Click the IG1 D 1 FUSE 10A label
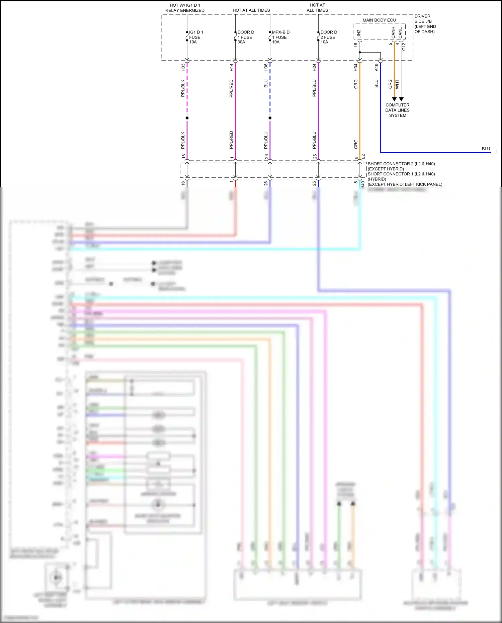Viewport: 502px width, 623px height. (196, 37)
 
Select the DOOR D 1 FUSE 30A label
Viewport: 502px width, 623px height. (245, 37)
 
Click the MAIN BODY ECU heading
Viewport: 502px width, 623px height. (379, 20)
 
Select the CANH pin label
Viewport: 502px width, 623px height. (393, 32)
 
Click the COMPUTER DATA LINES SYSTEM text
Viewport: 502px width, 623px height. (397, 110)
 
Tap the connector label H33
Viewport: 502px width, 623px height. (183, 67)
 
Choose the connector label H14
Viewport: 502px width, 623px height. (231, 67)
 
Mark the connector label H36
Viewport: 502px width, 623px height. (266, 67)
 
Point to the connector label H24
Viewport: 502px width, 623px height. (314, 67)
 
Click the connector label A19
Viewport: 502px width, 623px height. (376, 67)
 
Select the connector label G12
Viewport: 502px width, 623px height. (404, 47)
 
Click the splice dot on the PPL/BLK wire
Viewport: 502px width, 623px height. (187, 118)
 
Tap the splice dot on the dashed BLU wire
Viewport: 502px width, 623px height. (270, 118)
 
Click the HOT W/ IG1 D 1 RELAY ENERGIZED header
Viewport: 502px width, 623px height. (185, 8)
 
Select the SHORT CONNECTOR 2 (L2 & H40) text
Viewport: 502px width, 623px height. (401, 164)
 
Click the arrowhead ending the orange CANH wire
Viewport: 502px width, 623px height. (394, 99)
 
